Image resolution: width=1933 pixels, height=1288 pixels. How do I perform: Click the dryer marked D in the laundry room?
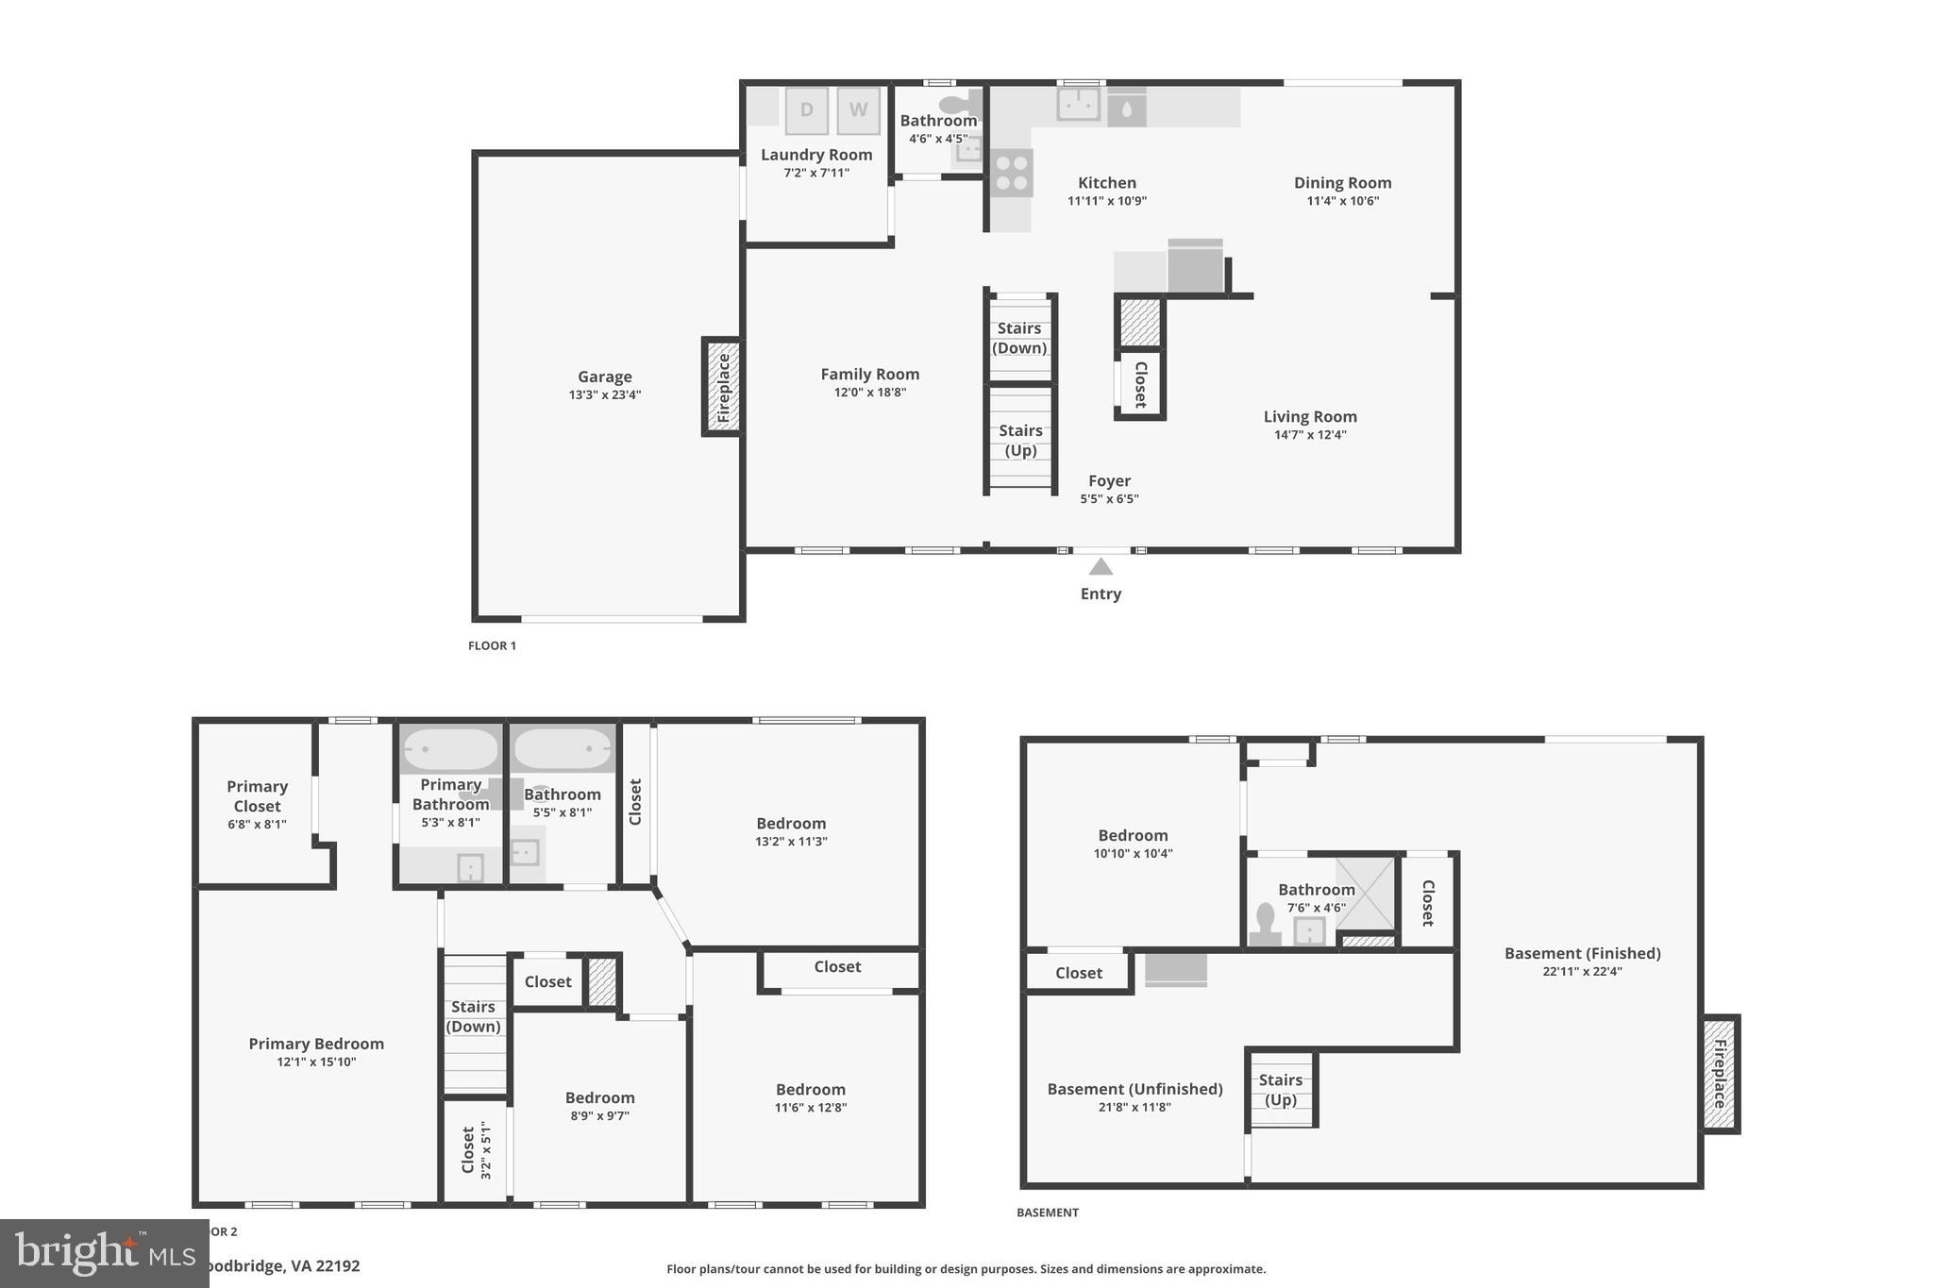[806, 110]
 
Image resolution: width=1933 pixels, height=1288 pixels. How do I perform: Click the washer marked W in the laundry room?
[858, 110]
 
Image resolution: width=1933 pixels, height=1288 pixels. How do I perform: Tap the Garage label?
[605, 376]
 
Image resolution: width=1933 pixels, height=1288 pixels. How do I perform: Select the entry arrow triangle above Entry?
[1101, 566]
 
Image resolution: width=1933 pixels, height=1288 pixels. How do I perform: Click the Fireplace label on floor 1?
[723, 387]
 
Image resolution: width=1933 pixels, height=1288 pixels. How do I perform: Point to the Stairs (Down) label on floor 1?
[1019, 338]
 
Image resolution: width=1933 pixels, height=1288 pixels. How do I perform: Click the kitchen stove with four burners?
[1011, 173]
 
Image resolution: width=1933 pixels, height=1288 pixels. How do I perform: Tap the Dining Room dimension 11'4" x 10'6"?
[1342, 201]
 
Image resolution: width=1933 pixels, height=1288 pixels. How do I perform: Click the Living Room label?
[1310, 416]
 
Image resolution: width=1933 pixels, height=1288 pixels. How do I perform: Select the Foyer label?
[1109, 480]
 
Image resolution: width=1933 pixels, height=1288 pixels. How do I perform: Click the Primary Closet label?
[257, 795]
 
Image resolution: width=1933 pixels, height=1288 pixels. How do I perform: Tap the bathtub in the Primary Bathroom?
[450, 749]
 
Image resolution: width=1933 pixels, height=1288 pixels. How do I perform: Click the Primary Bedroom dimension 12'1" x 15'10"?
[316, 1062]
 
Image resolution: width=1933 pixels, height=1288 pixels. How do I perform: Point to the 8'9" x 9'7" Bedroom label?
[599, 1097]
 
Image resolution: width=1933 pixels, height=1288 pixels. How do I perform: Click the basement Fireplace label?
[1720, 1074]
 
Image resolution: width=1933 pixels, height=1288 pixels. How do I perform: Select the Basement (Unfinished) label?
[1135, 1089]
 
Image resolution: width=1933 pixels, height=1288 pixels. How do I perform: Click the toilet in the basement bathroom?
[1265, 923]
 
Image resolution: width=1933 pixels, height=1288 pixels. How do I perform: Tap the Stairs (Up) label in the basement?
[1280, 1089]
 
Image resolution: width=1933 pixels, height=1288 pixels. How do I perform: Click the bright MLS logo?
[104, 1253]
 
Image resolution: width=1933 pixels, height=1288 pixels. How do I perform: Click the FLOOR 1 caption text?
[492, 645]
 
